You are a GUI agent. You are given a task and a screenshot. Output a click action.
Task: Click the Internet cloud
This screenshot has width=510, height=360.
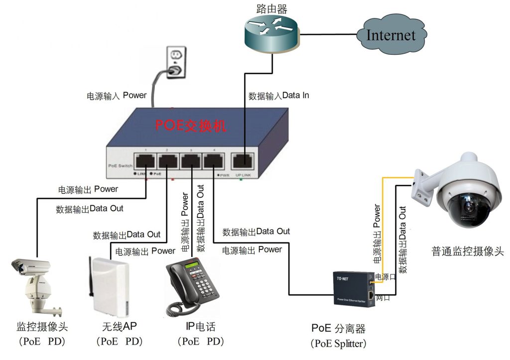click(x=391, y=35)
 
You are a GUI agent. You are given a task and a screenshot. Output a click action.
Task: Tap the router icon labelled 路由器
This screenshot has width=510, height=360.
click(x=272, y=32)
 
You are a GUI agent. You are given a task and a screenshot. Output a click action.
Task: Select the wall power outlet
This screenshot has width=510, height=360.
click(x=175, y=62)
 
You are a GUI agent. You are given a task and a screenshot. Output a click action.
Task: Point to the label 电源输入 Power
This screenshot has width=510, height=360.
click(x=117, y=95)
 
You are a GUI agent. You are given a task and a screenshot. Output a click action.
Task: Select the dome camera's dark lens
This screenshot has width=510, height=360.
click(x=469, y=206)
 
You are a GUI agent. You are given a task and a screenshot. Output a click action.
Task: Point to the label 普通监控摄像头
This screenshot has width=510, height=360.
click(x=468, y=252)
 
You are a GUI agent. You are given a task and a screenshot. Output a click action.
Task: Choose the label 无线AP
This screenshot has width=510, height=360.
click(x=119, y=327)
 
